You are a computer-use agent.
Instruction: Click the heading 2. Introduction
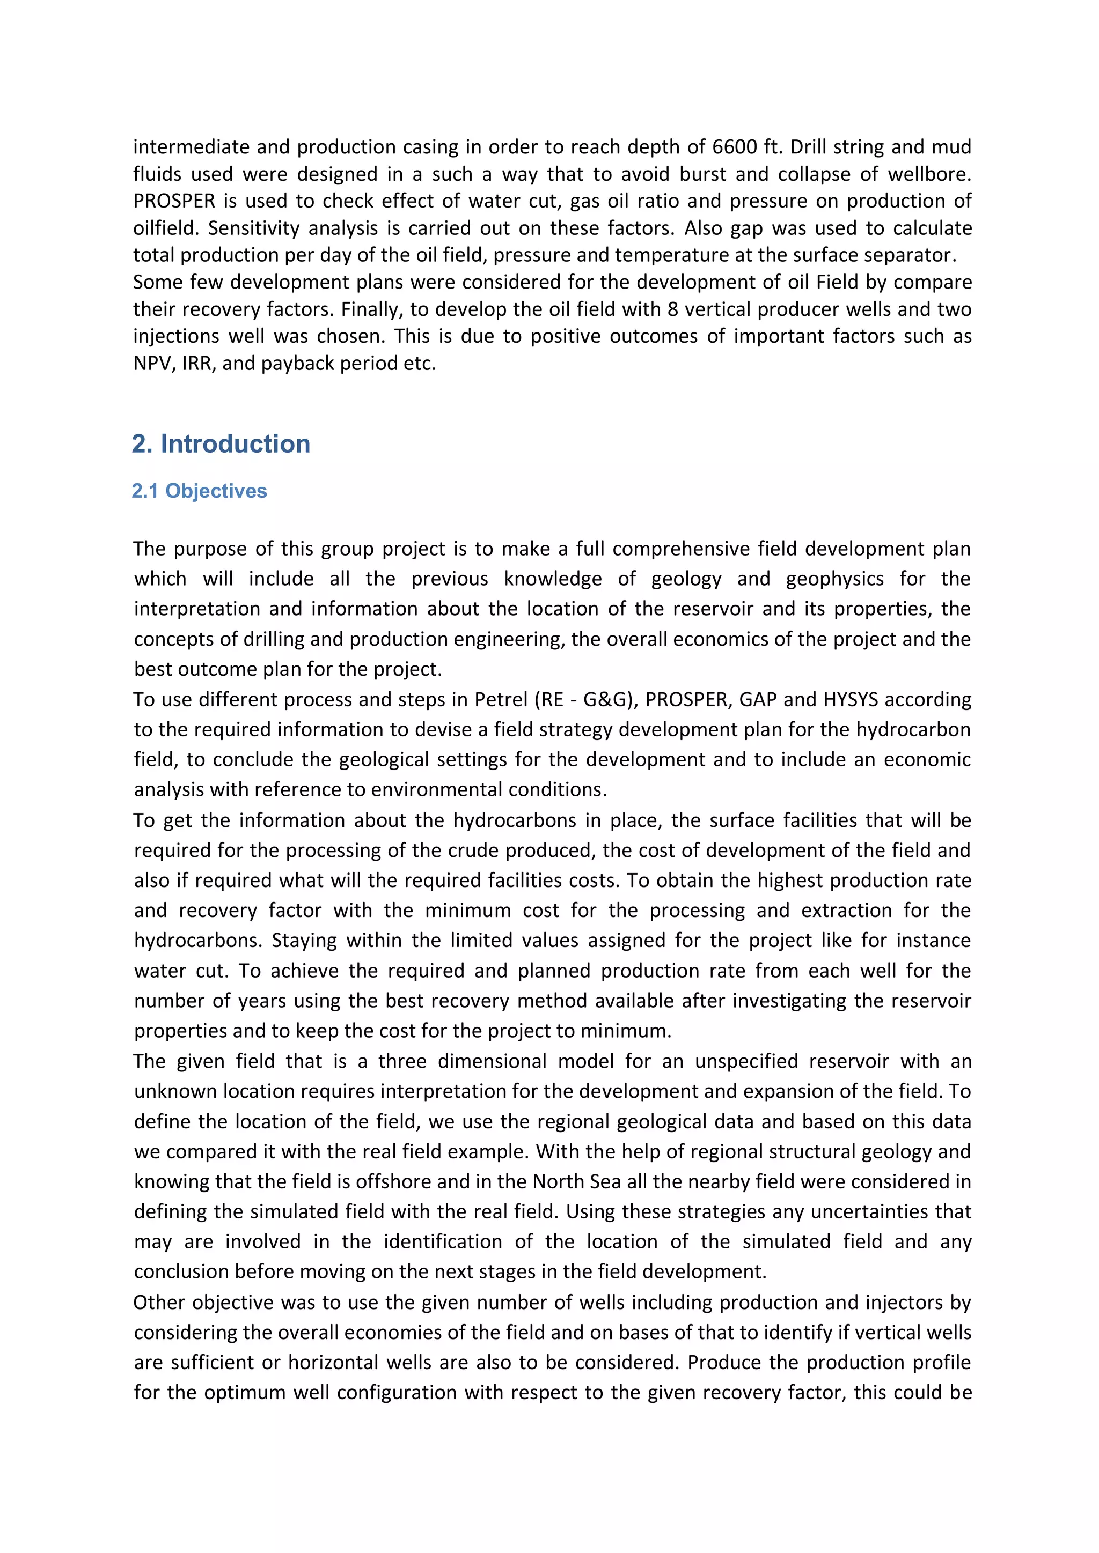(221, 443)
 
